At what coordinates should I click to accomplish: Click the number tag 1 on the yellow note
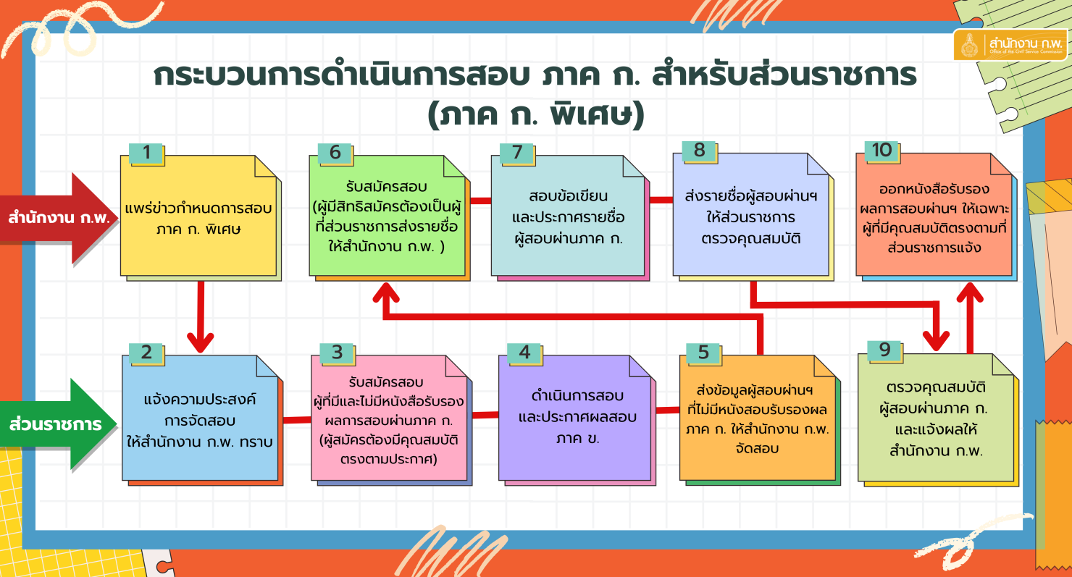pos(146,153)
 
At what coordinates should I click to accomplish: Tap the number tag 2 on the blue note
pos(146,353)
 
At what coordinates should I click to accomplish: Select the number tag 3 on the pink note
pos(337,353)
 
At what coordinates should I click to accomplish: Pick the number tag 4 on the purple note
pos(524,353)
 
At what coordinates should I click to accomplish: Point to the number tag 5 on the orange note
pos(703,353)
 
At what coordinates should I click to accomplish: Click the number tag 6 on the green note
pos(335,153)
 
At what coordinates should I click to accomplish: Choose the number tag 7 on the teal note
pos(516,153)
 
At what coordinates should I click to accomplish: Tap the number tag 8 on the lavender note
pos(699,150)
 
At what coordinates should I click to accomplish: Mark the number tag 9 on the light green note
pos(884,350)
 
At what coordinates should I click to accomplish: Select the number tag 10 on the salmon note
pos(882,150)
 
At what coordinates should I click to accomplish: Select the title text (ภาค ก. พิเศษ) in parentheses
pos(535,115)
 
